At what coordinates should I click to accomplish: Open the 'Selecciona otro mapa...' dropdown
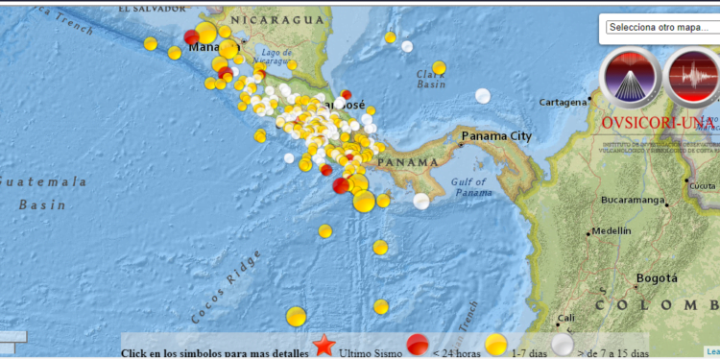[x=661, y=27]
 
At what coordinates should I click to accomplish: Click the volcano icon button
[x=630, y=78]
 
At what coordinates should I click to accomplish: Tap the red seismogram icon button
[x=693, y=78]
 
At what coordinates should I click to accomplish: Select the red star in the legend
[x=324, y=346]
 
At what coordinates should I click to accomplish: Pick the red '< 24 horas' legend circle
[x=417, y=346]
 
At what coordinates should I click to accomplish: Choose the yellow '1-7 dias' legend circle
[x=495, y=346]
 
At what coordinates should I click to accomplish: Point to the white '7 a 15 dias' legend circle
[x=562, y=346]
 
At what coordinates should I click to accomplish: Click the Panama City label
[x=496, y=136]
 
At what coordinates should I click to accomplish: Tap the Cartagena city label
[x=562, y=102]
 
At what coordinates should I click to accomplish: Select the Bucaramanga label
[x=633, y=200]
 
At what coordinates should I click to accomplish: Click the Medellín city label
[x=612, y=230]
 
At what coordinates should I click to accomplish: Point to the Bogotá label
[x=657, y=278]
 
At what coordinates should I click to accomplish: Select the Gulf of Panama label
[x=471, y=188]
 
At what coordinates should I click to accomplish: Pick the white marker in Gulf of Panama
[x=421, y=201]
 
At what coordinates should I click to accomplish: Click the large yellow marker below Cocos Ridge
[x=296, y=316]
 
